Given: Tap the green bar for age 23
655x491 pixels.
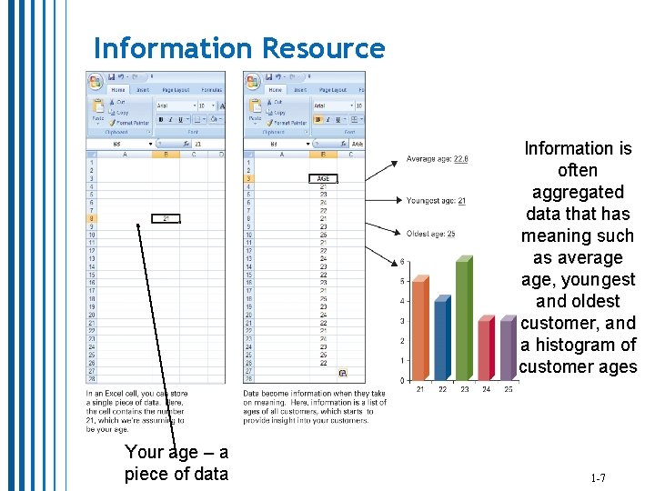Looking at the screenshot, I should pyautogui.click(x=464, y=317).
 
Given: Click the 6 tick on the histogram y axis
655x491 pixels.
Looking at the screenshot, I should pyautogui.click(x=402, y=262).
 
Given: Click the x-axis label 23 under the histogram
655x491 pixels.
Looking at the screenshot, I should pyautogui.click(x=464, y=389).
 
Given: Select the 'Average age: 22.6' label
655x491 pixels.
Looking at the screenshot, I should pyautogui.click(x=437, y=159).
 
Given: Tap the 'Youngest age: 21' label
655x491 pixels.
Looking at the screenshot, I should pyautogui.click(x=436, y=201).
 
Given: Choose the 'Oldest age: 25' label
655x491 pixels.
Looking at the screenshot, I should pyautogui.click(x=430, y=234).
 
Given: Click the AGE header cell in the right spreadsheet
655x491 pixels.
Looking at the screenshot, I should pyautogui.click(x=323, y=178).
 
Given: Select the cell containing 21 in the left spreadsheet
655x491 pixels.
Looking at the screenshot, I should pyautogui.click(x=166, y=218).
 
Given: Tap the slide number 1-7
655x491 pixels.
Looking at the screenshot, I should pyautogui.click(x=598, y=477).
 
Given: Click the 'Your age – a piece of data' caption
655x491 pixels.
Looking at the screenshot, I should pyautogui.click(x=176, y=463).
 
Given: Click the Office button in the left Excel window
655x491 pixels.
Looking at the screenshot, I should pyautogui.click(x=95, y=81).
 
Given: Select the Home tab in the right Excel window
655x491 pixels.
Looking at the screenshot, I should pyautogui.click(x=276, y=90).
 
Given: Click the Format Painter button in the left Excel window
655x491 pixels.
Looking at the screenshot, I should pyautogui.click(x=129, y=123).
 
